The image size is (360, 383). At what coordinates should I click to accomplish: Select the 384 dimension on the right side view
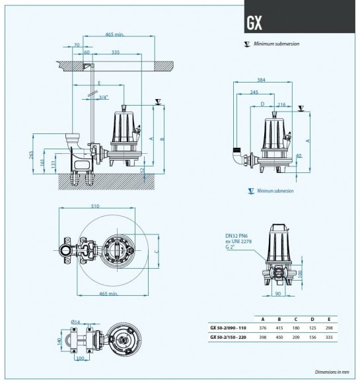pos(260,80)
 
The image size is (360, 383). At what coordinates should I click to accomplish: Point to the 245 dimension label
pos(254,92)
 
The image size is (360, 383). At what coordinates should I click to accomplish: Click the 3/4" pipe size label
pos(102,97)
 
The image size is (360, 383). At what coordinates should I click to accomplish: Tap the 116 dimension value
pos(281,104)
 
